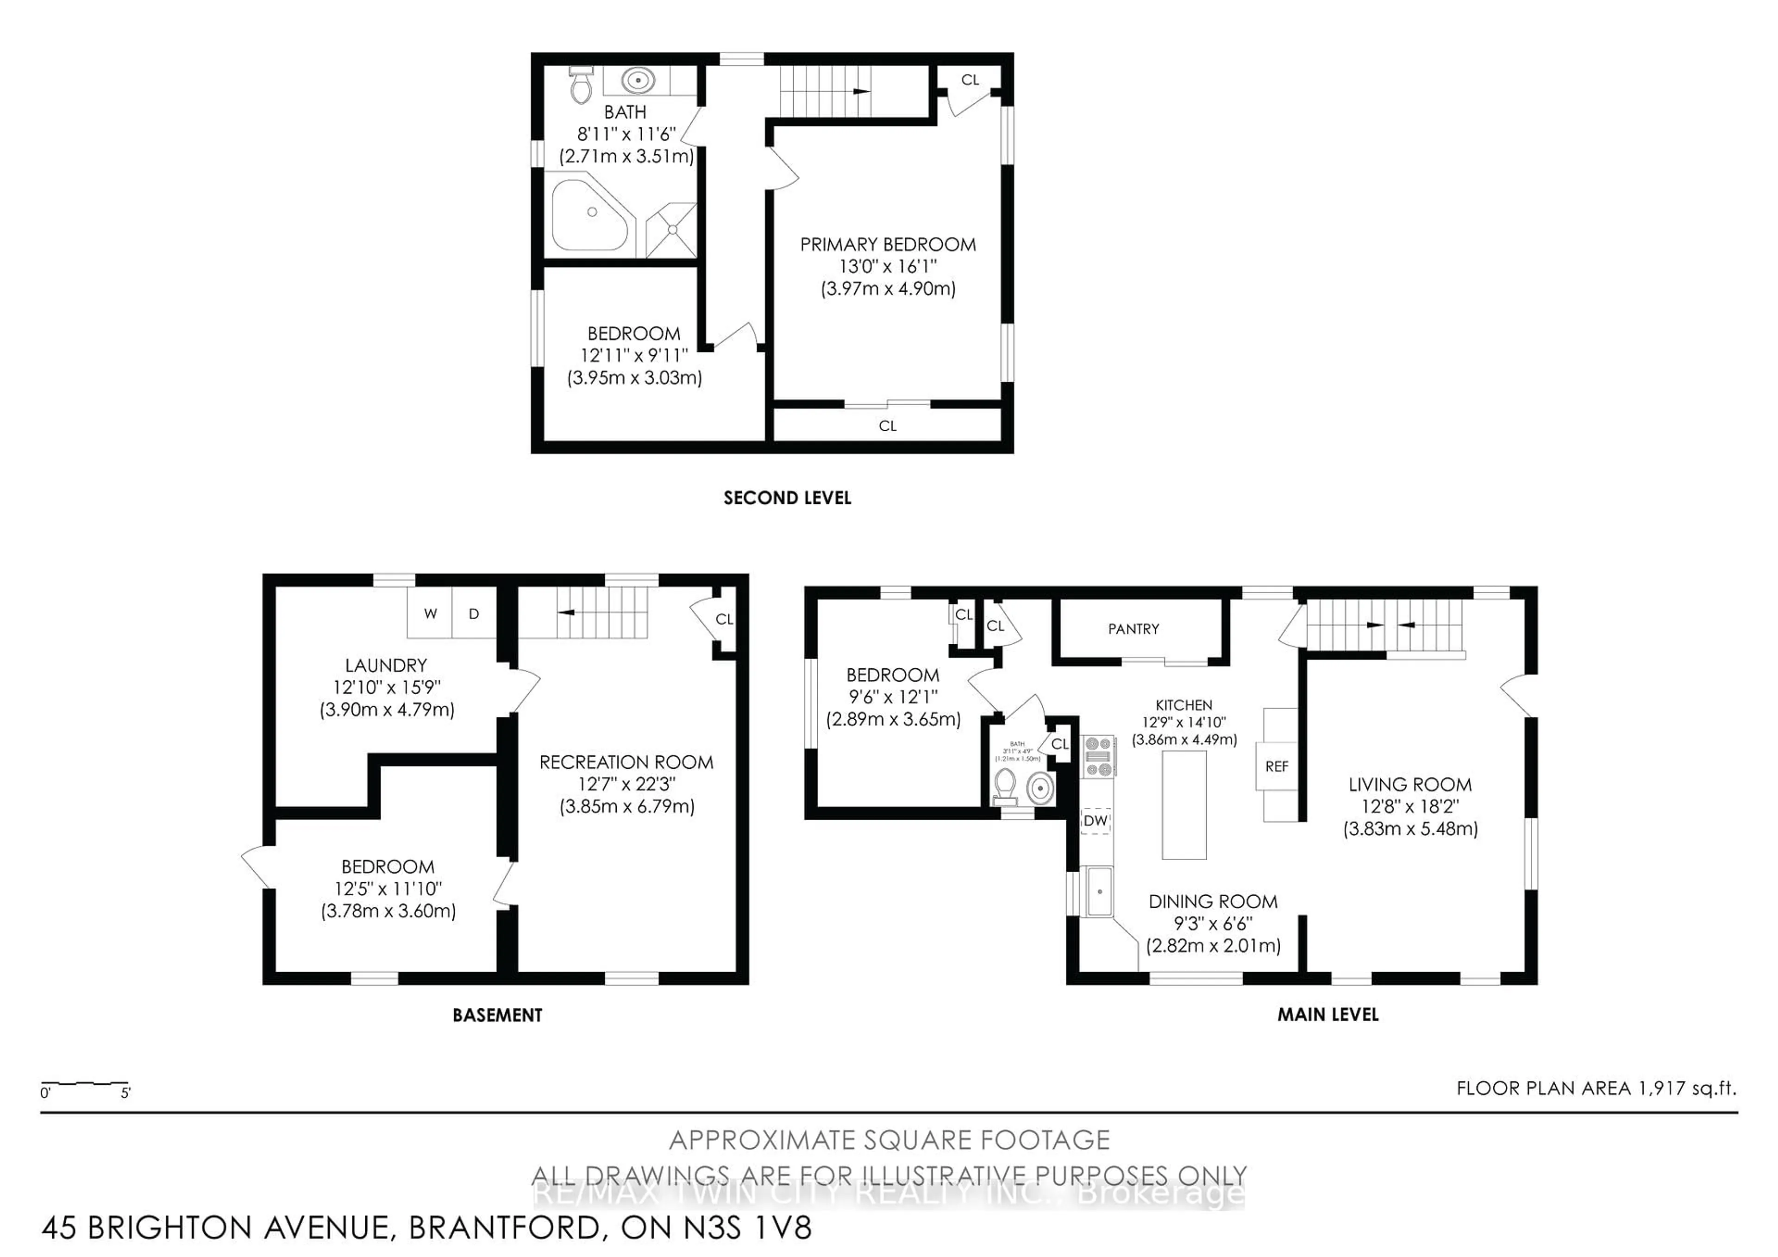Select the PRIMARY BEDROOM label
click(888, 245)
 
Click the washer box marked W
click(431, 613)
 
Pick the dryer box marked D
click(474, 613)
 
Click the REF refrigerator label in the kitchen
click(1276, 766)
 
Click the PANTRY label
click(1133, 629)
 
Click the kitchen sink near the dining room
click(1100, 892)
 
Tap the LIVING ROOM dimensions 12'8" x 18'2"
click(1409, 806)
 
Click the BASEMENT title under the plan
click(497, 1015)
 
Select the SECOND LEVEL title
click(787, 498)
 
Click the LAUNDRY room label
click(386, 665)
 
